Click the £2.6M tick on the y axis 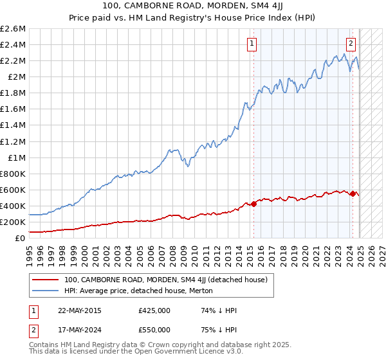click(14, 29)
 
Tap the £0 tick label click(21, 238)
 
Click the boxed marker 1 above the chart click(251, 44)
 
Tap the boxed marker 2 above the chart click(351, 44)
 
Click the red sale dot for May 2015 click(253, 204)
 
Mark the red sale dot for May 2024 click(353, 194)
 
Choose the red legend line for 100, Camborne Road click(46, 280)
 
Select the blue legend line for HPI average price click(46, 291)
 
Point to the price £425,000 click(154, 310)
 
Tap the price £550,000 click(154, 330)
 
